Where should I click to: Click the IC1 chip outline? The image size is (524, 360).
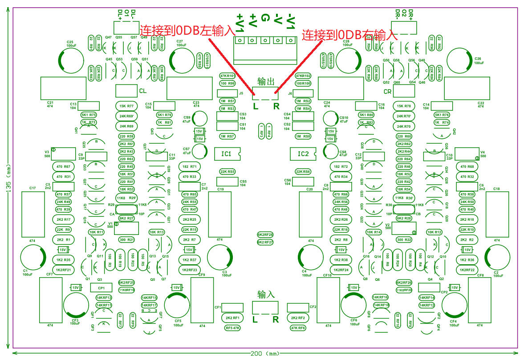coord(227,154)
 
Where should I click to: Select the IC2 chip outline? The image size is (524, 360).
coord(303,154)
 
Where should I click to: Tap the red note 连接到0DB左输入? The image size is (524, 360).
coord(187,30)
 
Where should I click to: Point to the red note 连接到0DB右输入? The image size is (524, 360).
coord(349,35)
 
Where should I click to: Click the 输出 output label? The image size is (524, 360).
coord(266,81)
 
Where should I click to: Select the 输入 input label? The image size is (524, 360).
coord(266,295)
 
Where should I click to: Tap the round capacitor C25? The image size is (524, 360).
coord(71,61)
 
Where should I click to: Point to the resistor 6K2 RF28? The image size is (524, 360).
coord(265,235)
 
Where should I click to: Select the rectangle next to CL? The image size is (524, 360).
coord(126,91)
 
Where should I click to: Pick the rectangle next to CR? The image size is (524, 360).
coord(404,91)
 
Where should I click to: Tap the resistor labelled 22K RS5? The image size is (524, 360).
coord(227,171)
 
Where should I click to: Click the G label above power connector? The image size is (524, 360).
coord(265,18)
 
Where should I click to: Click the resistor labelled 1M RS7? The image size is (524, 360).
coord(227,136)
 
